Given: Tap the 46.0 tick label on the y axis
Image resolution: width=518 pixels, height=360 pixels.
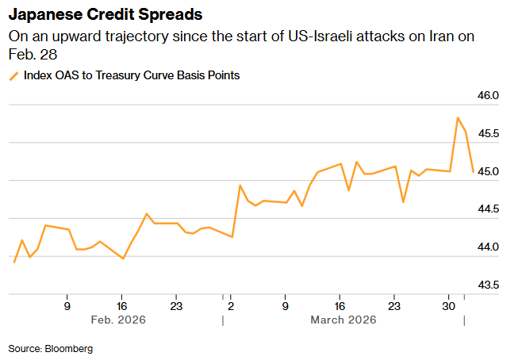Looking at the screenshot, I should pos(489,95).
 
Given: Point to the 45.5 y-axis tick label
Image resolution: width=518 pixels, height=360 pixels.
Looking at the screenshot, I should pos(489,133).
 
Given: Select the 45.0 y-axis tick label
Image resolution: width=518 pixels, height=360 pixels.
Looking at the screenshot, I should pos(489,171).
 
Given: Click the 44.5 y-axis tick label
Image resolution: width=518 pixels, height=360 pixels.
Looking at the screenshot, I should pos(489,209).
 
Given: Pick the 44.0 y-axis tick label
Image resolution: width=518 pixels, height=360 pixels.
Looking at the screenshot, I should pos(489,247).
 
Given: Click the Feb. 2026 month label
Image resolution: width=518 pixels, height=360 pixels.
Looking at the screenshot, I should pos(119,320).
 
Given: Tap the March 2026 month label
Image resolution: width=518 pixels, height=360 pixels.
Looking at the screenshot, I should pos(343,320).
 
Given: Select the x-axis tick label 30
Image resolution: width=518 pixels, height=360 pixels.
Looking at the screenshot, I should pos(448,304).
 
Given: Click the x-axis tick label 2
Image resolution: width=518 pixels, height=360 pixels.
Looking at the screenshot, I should pos(231,304).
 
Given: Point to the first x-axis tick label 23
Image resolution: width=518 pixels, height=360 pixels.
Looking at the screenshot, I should pos(176,304).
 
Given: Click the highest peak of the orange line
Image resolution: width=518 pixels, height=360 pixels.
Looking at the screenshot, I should pos(458,118).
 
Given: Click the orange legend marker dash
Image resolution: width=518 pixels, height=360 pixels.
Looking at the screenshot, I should pos(13,76).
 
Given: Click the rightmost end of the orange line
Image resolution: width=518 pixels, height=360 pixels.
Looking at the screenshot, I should pos(473,171).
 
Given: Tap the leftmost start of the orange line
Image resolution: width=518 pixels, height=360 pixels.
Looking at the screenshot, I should pos(14,262).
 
